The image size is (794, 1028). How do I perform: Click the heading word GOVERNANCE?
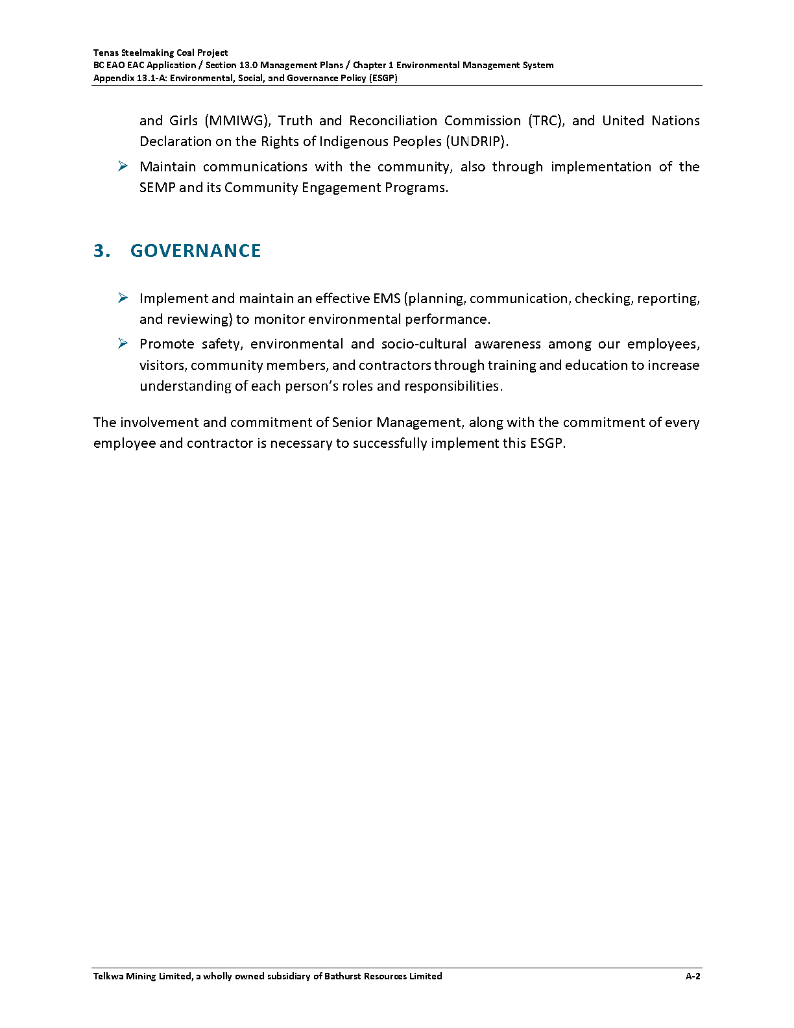click(x=195, y=251)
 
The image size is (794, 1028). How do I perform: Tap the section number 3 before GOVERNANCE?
click(x=101, y=251)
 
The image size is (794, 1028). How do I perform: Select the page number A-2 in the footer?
click(x=693, y=976)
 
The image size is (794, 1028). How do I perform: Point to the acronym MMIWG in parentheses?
click(x=237, y=121)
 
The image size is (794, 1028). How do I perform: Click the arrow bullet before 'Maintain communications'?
click(x=123, y=167)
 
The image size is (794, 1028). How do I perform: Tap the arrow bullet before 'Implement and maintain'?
click(x=123, y=299)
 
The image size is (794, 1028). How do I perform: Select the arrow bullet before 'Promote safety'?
click(x=123, y=344)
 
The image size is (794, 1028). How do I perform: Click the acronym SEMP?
click(x=157, y=188)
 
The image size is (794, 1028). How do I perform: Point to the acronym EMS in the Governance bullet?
click(x=387, y=299)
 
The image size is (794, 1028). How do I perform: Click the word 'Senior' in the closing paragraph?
click(x=352, y=422)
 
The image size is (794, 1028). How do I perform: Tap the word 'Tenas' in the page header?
click(x=106, y=53)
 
